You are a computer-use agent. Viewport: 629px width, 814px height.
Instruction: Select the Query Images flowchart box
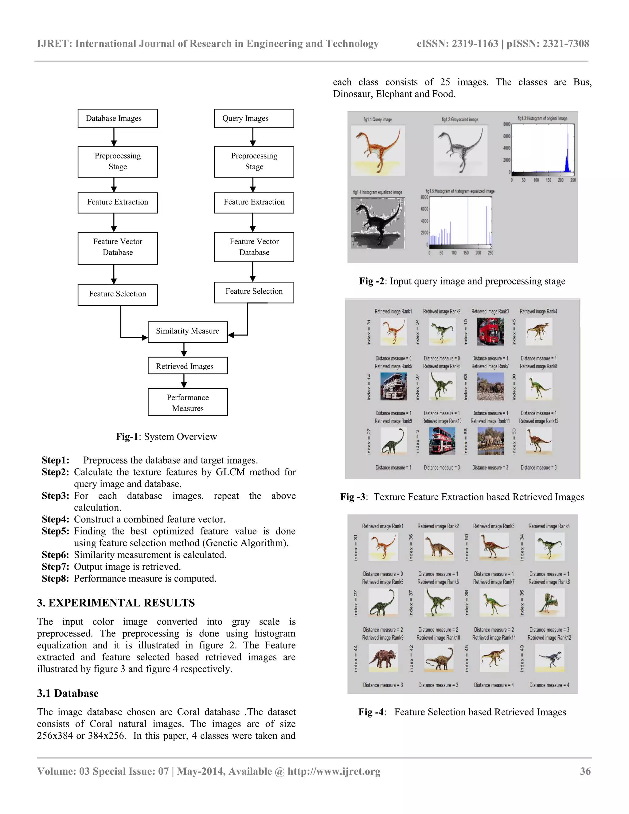254,119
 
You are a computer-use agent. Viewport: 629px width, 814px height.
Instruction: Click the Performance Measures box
187,402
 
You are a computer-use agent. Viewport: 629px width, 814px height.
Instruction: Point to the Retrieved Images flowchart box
187,366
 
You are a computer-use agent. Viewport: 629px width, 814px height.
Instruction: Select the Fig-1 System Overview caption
166,436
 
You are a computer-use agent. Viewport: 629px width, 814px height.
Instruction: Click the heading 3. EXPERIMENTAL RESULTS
116,603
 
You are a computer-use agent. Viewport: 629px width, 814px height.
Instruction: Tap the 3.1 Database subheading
68,693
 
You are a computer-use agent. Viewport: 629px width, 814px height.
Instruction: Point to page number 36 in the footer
585,771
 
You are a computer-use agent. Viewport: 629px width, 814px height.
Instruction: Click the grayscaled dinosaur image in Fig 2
460,150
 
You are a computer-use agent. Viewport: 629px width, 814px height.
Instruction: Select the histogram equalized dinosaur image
378,223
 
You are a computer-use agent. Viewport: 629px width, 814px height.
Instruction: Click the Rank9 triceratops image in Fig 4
383,658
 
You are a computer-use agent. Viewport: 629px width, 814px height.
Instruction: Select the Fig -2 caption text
462,281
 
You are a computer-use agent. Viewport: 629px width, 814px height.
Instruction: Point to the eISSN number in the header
457,44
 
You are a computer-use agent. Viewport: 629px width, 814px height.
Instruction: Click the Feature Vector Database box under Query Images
254,247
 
